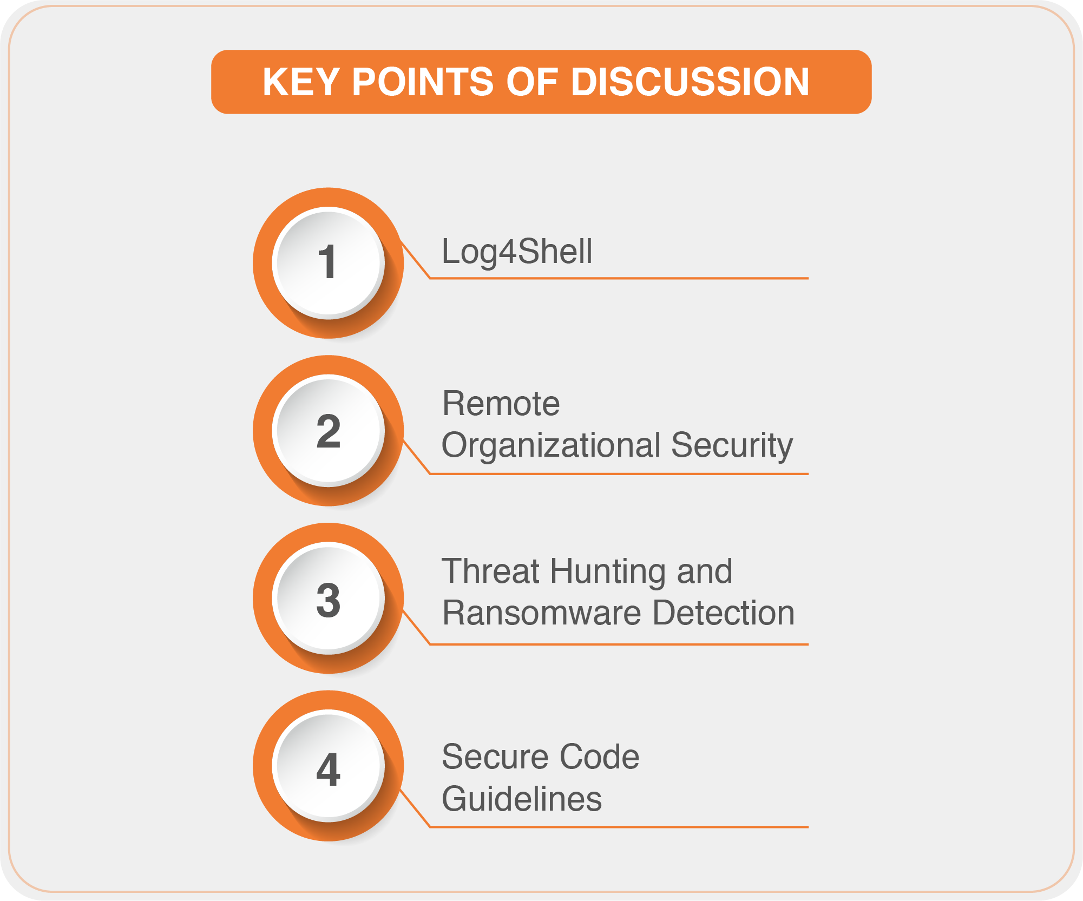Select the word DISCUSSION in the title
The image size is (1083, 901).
click(690, 82)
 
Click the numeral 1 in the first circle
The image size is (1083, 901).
click(327, 262)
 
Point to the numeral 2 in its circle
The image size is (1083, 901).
click(328, 431)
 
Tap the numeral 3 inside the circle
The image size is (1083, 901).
click(328, 600)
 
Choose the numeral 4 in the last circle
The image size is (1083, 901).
click(328, 768)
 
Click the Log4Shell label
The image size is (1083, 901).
click(517, 253)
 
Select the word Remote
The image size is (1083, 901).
click(501, 404)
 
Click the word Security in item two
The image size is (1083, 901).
click(732, 446)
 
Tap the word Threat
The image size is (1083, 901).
click(491, 571)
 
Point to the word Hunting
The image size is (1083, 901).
click(608, 573)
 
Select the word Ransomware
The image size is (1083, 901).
click(542, 613)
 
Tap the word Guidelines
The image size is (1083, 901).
click(522, 799)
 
